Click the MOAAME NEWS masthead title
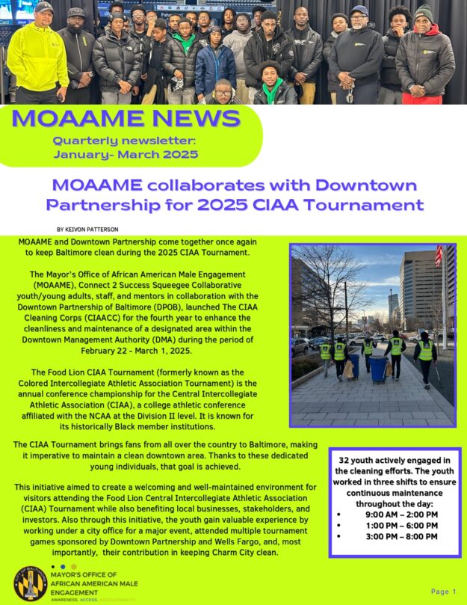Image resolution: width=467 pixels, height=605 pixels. [126, 118]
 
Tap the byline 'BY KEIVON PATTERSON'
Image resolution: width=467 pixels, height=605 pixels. [87, 229]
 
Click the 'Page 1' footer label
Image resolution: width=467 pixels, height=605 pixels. [443, 592]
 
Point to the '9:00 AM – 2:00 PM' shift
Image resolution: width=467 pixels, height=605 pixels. [402, 515]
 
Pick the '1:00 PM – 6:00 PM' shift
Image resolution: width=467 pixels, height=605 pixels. [402, 525]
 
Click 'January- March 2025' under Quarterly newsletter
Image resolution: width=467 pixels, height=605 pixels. [126, 155]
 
